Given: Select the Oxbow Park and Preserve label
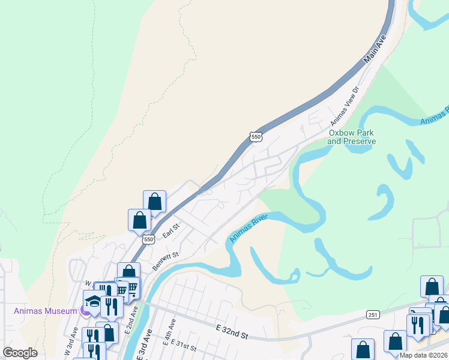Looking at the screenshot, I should pyautogui.click(x=352, y=137).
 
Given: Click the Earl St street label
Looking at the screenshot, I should pyautogui.click(x=171, y=228).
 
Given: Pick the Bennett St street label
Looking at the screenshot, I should pyautogui.click(x=166, y=262).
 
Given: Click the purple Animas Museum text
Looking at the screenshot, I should pyautogui.click(x=46, y=310).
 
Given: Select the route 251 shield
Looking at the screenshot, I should pyautogui.click(x=372, y=314).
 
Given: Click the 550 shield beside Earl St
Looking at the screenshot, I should pyautogui.click(x=148, y=239).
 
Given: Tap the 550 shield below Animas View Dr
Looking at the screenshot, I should pyautogui.click(x=256, y=137).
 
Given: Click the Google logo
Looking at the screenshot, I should pyautogui.click(x=20, y=353).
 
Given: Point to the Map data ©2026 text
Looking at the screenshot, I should pyautogui.click(x=423, y=355).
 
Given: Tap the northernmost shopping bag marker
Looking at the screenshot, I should pyautogui.click(x=154, y=202).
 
